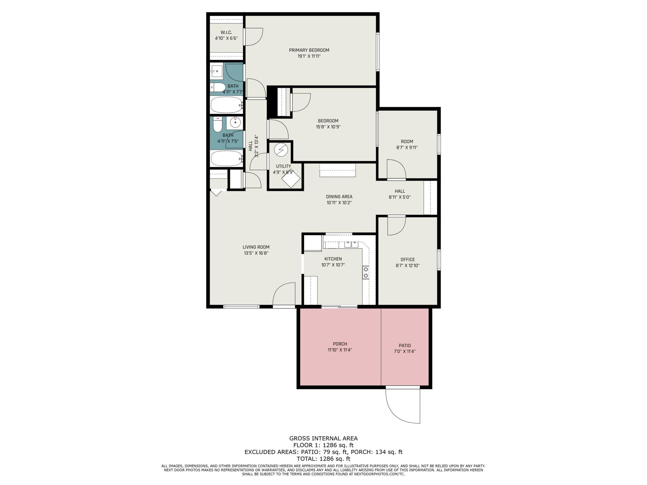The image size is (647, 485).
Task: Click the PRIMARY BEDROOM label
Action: pyautogui.click(x=309, y=50)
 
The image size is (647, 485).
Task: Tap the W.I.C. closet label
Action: pyautogui.click(x=226, y=32)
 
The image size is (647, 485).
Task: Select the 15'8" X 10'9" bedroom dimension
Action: pyautogui.click(x=328, y=127)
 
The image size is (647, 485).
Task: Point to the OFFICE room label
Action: pyautogui.click(x=408, y=259)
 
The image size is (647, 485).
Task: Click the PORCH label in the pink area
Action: pyautogui.click(x=340, y=344)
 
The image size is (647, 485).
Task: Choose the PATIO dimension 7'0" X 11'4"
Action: pyautogui.click(x=404, y=351)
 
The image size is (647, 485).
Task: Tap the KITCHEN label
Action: pyautogui.click(x=333, y=259)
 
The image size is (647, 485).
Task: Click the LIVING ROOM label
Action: pyautogui.click(x=256, y=247)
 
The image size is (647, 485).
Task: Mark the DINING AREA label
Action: pyautogui.click(x=339, y=197)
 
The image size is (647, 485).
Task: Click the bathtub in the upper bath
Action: pyautogui.click(x=226, y=105)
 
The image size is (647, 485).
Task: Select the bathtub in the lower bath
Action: pyautogui.click(x=226, y=158)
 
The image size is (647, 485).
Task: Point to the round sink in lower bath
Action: pyautogui.click(x=235, y=122)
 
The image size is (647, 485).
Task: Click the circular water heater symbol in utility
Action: pyautogui.click(x=281, y=150)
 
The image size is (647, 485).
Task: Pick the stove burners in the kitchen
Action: pyautogui.click(x=366, y=272)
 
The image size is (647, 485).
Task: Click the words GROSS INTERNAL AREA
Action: pyautogui.click(x=323, y=438)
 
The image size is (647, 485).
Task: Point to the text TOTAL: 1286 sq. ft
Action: pyautogui.click(x=323, y=459)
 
